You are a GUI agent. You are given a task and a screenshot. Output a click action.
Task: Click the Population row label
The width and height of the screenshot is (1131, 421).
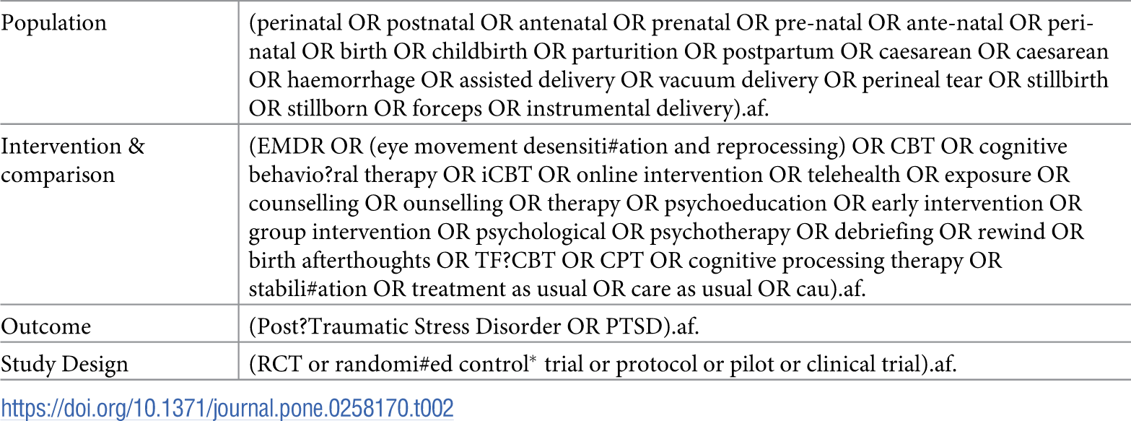[53, 23]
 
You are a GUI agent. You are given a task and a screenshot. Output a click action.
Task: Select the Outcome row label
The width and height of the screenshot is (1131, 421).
[46, 326]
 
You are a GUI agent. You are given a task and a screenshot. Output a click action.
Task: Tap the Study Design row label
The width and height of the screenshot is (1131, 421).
[64, 365]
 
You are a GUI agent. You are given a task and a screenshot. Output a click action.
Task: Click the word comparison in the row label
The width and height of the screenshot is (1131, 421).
[58, 175]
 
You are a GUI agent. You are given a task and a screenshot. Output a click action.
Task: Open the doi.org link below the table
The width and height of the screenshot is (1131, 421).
[227, 408]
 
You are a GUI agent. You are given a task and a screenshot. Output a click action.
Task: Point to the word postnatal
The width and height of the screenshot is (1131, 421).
[430, 23]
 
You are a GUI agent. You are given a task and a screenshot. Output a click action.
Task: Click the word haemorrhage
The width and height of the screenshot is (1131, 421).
[351, 80]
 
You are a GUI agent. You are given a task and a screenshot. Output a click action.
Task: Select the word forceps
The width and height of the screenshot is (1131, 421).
[447, 109]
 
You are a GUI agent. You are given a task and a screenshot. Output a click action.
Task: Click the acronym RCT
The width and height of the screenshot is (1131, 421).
[279, 365]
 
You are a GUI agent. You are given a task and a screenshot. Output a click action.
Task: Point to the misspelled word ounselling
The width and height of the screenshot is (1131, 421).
[453, 204]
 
